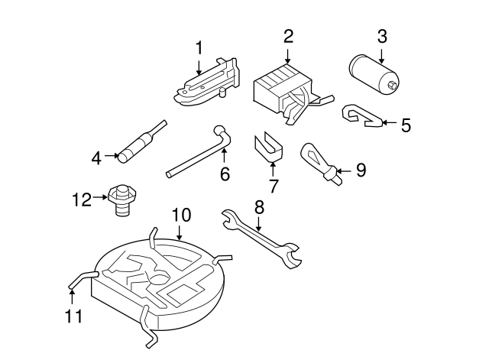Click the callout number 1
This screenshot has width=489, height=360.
coord(199,48)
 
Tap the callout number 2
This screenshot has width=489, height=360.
coord(288,36)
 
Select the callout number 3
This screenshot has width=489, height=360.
coord(382,36)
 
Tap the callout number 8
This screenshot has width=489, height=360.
coord(259,206)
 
